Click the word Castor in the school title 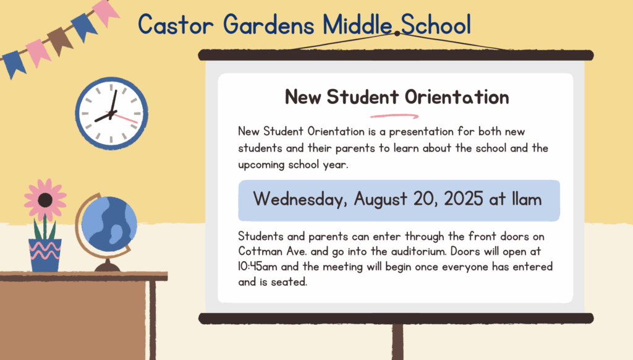click(x=176, y=25)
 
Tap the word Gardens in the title click(x=268, y=25)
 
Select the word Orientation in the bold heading click(x=457, y=97)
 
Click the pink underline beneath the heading click(x=394, y=116)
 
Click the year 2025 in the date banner click(x=464, y=199)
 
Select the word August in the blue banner click(x=380, y=200)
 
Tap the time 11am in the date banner click(x=527, y=199)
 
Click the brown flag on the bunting click(x=60, y=40)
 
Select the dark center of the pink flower click(x=45, y=200)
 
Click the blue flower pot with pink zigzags click(x=45, y=255)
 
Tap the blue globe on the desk click(x=109, y=225)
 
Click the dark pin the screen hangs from click(x=397, y=33)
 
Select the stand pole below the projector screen click(x=397, y=342)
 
